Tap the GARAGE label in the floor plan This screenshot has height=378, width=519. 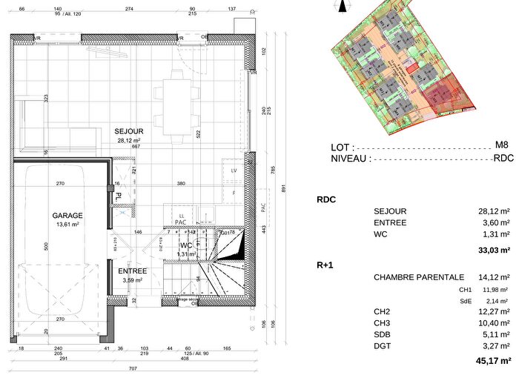pyautogui.click(x=67, y=216)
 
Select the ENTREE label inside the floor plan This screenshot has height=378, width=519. pyautogui.click(x=133, y=271)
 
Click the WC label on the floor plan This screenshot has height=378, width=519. pyautogui.click(x=185, y=245)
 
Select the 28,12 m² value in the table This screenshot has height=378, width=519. pyautogui.click(x=494, y=211)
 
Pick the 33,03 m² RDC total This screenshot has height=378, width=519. pyautogui.click(x=494, y=251)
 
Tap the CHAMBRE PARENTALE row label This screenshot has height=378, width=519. pyautogui.click(x=419, y=277)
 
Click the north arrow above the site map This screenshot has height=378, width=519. pyautogui.click(x=342, y=7)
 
